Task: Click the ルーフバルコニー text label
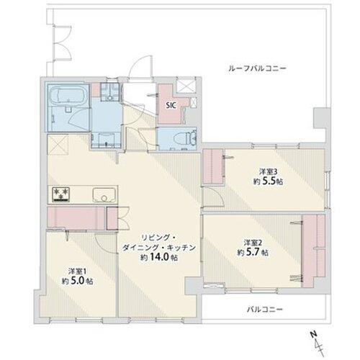click(257, 67)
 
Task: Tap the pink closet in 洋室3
click(214, 167)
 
